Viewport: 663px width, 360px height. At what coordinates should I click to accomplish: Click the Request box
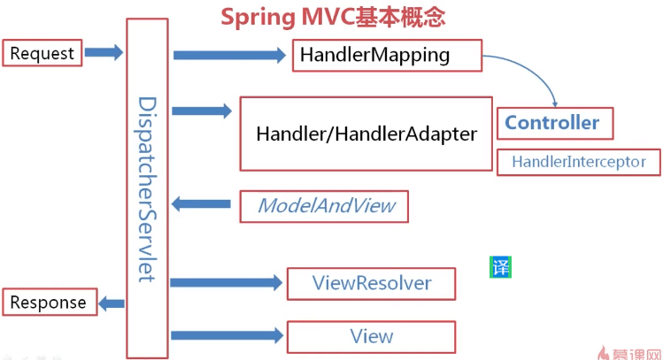pos(42,53)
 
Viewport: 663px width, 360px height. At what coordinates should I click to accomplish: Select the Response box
pos(50,303)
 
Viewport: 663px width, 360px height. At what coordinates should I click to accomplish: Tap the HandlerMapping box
pos(388,56)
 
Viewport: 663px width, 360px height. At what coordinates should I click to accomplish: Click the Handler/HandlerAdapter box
pos(366,134)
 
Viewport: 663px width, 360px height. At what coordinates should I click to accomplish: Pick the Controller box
pos(555,123)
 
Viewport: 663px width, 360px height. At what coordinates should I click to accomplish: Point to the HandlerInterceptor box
pos(579,162)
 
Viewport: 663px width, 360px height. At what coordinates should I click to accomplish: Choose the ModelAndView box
pos(324,206)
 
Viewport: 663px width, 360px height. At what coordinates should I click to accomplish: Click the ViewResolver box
pos(371,284)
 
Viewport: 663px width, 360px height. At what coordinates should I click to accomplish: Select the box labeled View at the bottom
pos(371,337)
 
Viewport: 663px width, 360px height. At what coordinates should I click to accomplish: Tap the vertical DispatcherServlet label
pos(147,189)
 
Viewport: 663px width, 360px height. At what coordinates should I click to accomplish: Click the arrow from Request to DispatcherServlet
pos(104,52)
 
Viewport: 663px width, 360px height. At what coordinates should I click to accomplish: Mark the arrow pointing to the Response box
pos(112,303)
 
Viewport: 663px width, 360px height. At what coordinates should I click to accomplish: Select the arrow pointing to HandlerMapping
pos(229,56)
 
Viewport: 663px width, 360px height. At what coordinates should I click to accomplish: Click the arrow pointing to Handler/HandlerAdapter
pos(202,111)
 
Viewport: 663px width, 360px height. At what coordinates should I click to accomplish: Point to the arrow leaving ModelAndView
pos(201,204)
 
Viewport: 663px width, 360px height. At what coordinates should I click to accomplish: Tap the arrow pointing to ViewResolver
pos(227,283)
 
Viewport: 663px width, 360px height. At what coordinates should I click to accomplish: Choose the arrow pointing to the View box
pos(227,335)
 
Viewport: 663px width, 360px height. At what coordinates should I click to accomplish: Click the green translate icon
pos(501,267)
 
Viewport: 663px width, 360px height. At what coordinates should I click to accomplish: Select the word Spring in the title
pos(258,19)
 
